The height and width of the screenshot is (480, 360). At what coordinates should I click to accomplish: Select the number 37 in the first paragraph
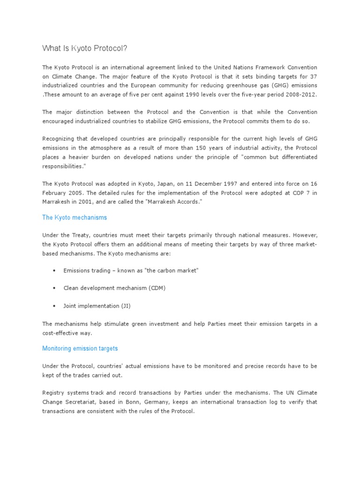pos(313,76)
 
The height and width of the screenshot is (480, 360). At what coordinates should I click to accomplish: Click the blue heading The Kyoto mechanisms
pos(75,217)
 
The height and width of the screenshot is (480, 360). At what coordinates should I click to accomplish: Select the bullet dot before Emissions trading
pos(55,271)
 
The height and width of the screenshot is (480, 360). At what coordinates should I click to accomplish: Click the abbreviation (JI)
pos(126,306)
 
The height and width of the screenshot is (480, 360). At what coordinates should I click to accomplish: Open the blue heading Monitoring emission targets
pos(80,348)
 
